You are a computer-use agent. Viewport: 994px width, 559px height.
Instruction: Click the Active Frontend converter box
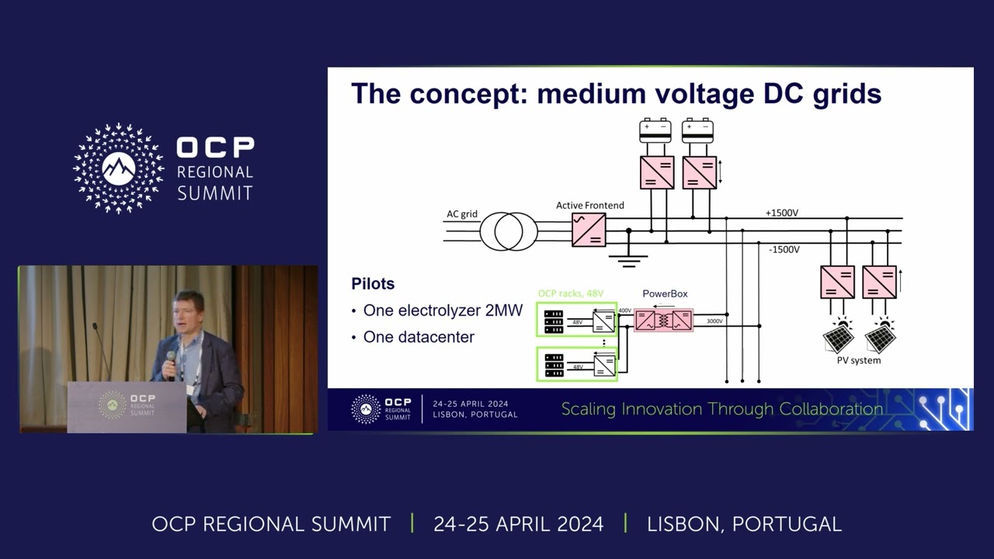[589, 230]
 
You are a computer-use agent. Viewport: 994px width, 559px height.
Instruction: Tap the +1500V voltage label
[782, 213]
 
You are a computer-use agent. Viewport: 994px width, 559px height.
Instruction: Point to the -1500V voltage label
[784, 250]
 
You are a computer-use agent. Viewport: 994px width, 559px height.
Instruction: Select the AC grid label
[462, 214]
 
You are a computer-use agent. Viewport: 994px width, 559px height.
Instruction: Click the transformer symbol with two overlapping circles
[509, 231]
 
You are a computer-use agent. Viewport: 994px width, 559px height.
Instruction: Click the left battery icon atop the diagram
[655, 130]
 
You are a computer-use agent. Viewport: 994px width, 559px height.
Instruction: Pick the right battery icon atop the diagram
[697, 130]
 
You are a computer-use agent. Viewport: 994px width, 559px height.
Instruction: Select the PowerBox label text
[665, 294]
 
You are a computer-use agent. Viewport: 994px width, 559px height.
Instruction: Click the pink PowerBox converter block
[663, 320]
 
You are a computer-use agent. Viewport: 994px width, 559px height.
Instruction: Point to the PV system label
[858, 360]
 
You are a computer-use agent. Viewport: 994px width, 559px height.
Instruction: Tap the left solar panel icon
[838, 338]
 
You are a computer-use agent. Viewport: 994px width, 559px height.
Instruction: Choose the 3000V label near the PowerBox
[714, 321]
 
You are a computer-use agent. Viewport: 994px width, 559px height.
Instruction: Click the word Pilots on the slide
[373, 283]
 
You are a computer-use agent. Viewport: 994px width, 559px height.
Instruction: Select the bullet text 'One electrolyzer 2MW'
[443, 311]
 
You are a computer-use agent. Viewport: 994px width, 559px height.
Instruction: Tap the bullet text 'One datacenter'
[419, 338]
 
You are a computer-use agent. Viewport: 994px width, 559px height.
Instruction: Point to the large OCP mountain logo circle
[119, 168]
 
